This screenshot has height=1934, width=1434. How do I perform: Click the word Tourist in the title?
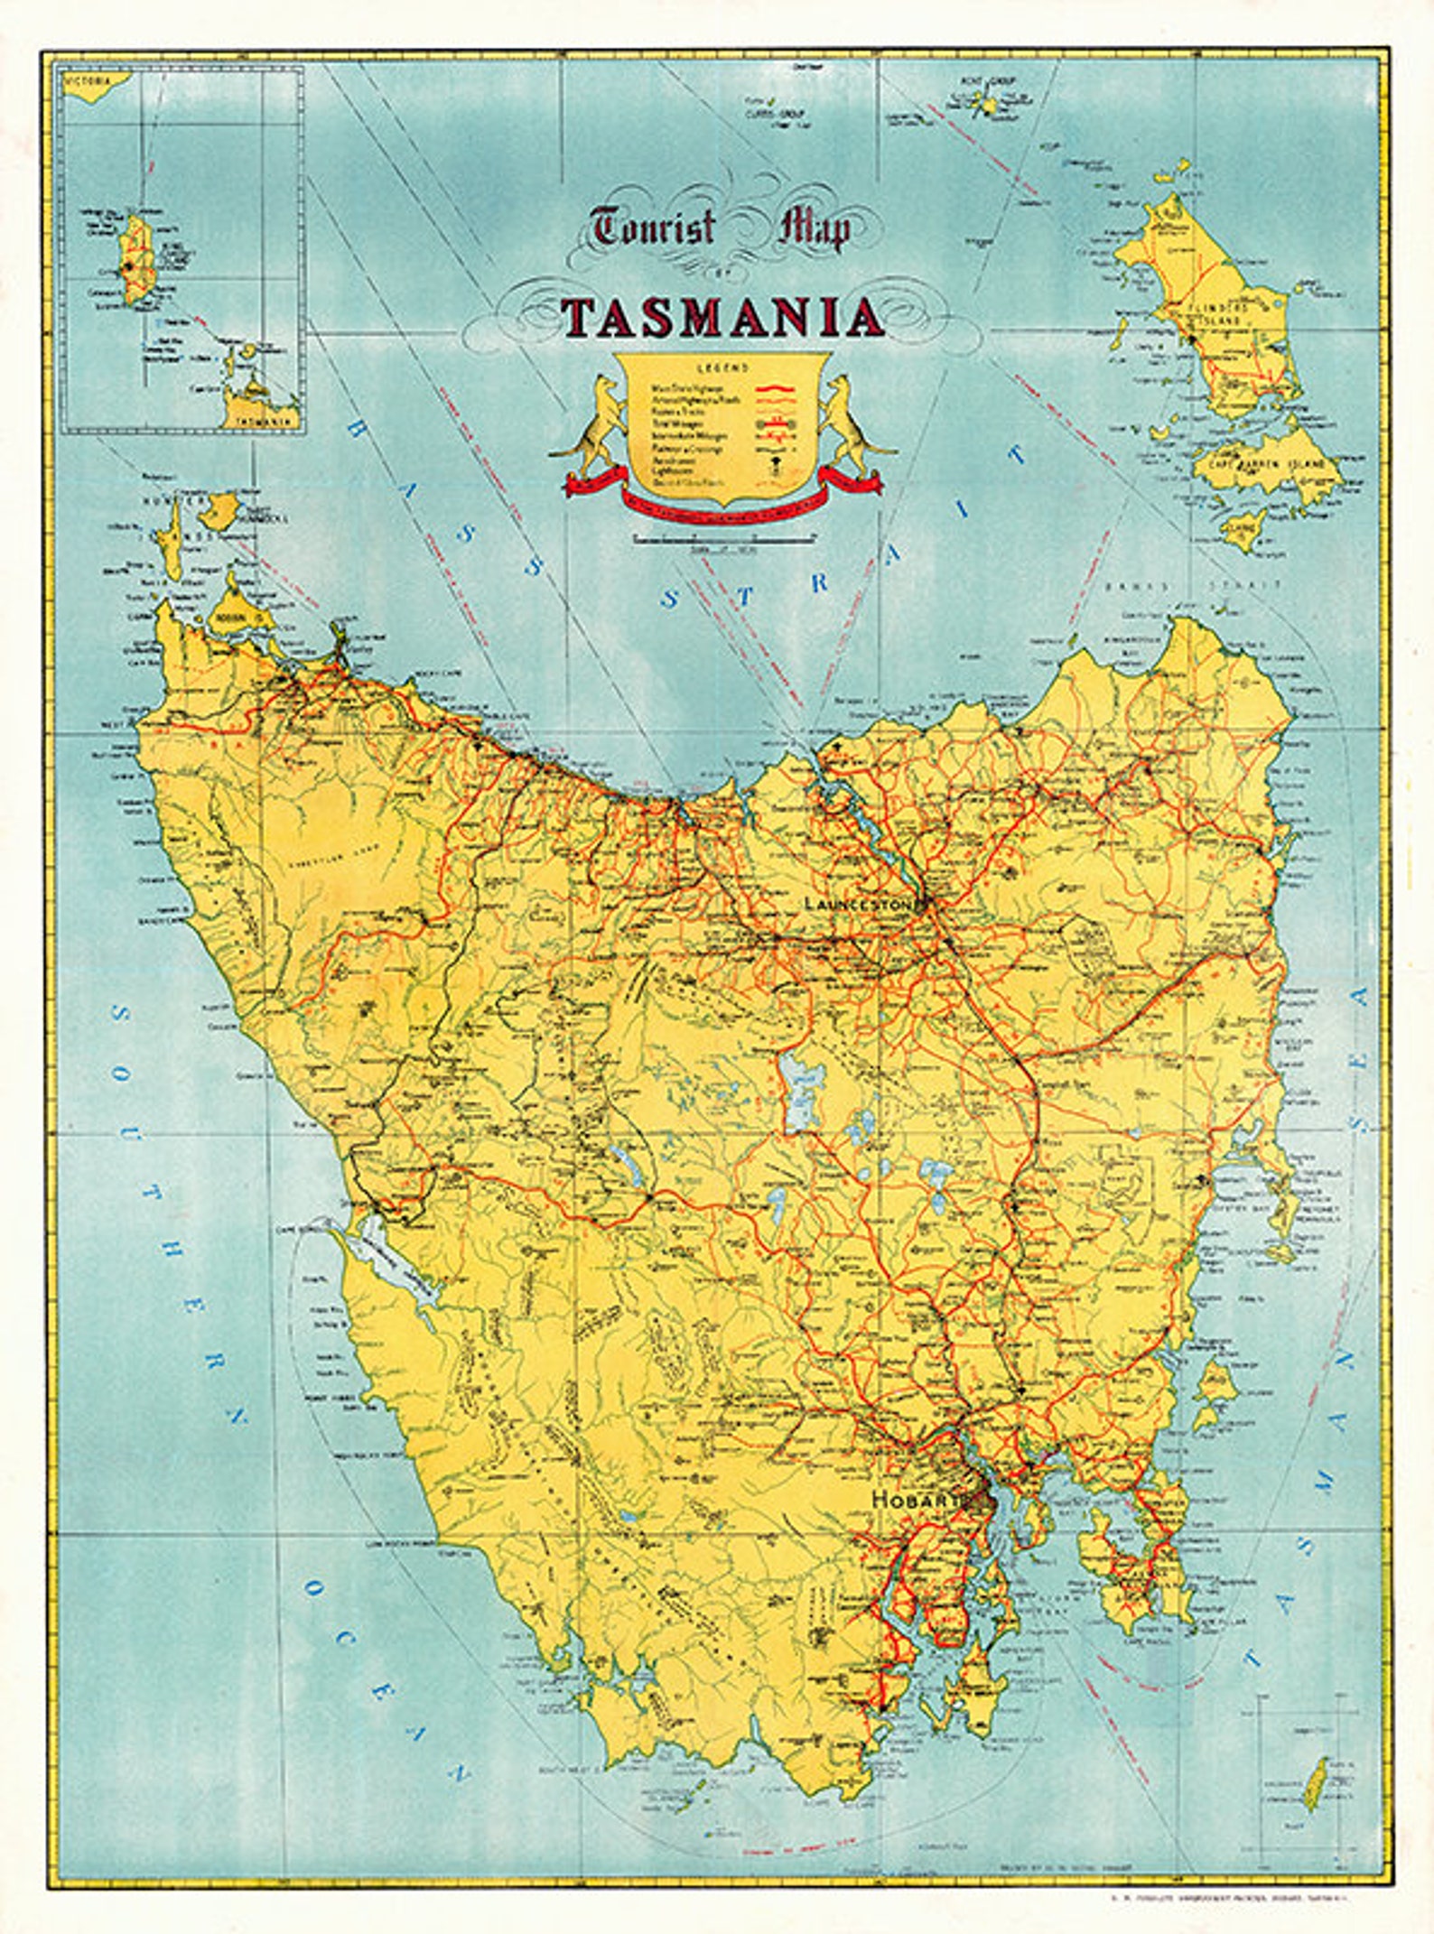coord(653,227)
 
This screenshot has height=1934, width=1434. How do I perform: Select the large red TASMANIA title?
coord(722,318)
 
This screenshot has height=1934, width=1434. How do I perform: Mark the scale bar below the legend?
coord(722,539)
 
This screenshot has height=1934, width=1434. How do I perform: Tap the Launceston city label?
coord(859,903)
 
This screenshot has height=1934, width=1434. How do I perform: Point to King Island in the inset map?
coord(135,262)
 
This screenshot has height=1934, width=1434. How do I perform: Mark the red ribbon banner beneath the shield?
coord(722,499)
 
